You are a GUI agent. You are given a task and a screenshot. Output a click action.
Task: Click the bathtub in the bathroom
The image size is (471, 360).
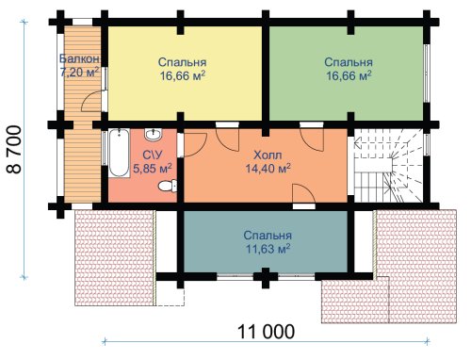tap(120, 153)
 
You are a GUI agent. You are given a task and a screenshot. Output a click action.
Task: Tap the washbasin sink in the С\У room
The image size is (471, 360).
tap(154, 135)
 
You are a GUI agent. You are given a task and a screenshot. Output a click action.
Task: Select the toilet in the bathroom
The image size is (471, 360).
tap(168, 186)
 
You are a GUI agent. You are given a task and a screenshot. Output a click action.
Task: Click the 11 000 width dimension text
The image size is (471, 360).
tap(267, 332)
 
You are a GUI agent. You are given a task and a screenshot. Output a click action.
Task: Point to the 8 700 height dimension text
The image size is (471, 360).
tap(14, 150)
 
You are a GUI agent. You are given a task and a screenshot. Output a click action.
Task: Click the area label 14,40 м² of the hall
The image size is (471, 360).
tap(268, 169)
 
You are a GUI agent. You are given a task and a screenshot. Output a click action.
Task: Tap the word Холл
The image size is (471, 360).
tap(268, 155)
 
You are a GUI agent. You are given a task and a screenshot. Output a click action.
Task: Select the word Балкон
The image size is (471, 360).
tap(79, 58)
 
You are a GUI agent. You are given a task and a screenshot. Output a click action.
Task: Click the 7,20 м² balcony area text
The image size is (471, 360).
tap(79, 73)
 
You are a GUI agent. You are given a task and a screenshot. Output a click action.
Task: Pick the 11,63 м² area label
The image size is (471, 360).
tap(268, 249)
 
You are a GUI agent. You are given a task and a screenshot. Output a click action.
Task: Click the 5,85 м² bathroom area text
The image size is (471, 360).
tap(153, 169)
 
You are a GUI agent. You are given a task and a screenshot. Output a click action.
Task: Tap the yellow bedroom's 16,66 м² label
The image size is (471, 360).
tap(183, 75)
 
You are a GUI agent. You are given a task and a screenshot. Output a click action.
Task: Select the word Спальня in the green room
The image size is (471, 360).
tap(349, 62)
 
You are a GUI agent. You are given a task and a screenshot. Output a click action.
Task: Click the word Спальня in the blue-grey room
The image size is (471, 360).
tap(268, 236)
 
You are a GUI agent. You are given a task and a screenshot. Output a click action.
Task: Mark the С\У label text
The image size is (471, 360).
tap(153, 155)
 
